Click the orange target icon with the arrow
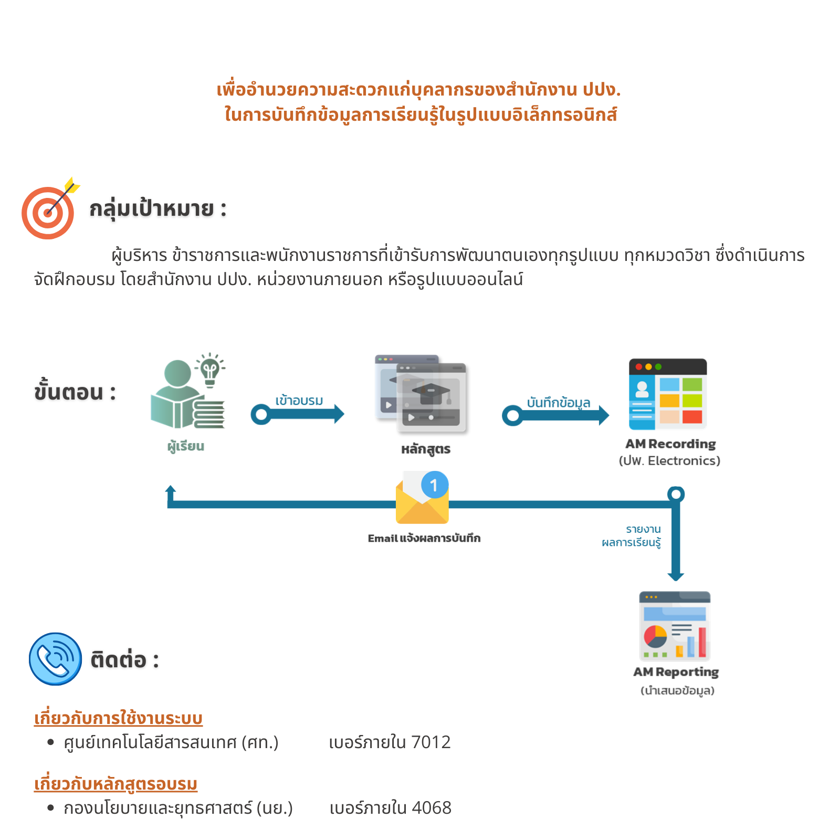pyautogui.click(x=49, y=209)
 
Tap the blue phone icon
pyautogui.click(x=56, y=659)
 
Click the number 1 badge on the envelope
pyautogui.click(x=434, y=485)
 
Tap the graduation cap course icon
pyautogui.click(x=421, y=393)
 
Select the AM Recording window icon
pyautogui.click(x=668, y=394)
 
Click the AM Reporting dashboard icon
pyautogui.click(x=675, y=626)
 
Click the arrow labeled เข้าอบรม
pyautogui.click(x=298, y=414)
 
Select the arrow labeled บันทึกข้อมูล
pyautogui.click(x=555, y=416)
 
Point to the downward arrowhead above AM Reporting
pyautogui.click(x=676, y=576)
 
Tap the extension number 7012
pyautogui.click(x=431, y=742)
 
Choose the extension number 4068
pyautogui.click(x=432, y=808)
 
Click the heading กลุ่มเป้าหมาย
pyautogui.click(x=152, y=209)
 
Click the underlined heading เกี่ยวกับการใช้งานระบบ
pyautogui.click(x=118, y=718)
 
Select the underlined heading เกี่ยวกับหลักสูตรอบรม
pyautogui.click(x=115, y=783)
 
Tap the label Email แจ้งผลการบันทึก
pyautogui.click(x=424, y=538)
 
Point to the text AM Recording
pyautogui.click(x=670, y=444)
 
